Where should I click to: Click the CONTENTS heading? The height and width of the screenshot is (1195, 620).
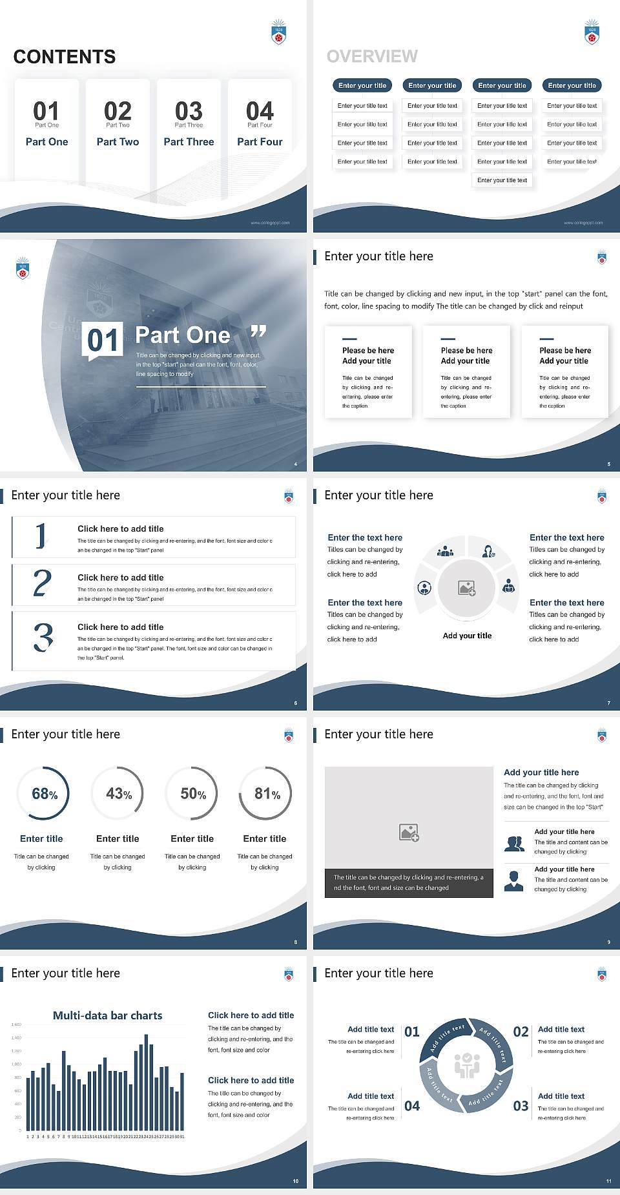tap(65, 57)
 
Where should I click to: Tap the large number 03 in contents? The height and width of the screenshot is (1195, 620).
tap(189, 111)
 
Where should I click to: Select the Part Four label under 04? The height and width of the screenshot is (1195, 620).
tap(260, 141)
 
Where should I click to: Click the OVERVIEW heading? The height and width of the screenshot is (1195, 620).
tap(372, 57)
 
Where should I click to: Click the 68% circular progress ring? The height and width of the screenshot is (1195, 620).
tap(43, 793)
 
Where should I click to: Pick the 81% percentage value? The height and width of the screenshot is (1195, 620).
tap(267, 794)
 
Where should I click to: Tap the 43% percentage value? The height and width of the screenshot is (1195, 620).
tap(119, 794)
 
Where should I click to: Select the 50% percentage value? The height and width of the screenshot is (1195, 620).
tap(193, 794)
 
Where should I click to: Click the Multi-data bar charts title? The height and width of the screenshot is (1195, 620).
tap(108, 1015)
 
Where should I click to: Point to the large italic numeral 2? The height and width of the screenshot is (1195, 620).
tap(42, 583)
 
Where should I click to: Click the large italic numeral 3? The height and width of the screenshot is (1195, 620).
tap(43, 638)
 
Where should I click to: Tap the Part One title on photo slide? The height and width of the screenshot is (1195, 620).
tap(183, 335)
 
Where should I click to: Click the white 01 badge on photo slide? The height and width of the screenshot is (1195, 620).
tap(103, 340)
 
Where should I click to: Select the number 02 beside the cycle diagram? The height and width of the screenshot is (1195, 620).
tap(521, 1032)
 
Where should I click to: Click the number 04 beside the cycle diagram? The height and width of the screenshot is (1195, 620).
tap(412, 1106)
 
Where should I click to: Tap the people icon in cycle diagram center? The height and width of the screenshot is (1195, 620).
tap(467, 1065)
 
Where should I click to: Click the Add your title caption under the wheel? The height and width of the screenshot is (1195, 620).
tap(467, 636)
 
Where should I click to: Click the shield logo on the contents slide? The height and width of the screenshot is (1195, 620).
tap(278, 32)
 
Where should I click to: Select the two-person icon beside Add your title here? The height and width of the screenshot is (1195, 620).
tap(514, 844)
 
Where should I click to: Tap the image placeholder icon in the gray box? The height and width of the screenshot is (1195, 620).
tap(409, 833)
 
